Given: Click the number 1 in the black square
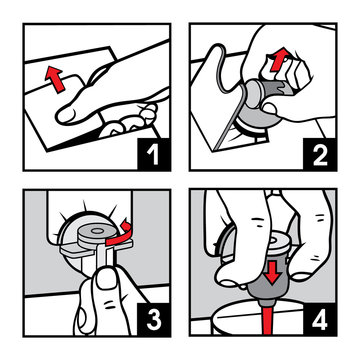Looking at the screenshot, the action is [x=154, y=154].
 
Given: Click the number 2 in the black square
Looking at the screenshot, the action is [x=320, y=154].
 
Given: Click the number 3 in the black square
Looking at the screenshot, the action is [x=154, y=319].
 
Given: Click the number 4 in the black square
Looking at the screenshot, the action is [x=320, y=319].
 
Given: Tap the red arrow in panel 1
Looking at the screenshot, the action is [x=54, y=79].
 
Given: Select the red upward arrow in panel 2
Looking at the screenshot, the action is [x=279, y=59].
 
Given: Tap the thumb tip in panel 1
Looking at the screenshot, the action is [x=65, y=115].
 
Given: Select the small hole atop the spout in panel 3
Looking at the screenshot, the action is [x=98, y=231].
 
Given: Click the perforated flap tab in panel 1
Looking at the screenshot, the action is [x=72, y=88].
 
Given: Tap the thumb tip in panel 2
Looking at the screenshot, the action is [x=270, y=109].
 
